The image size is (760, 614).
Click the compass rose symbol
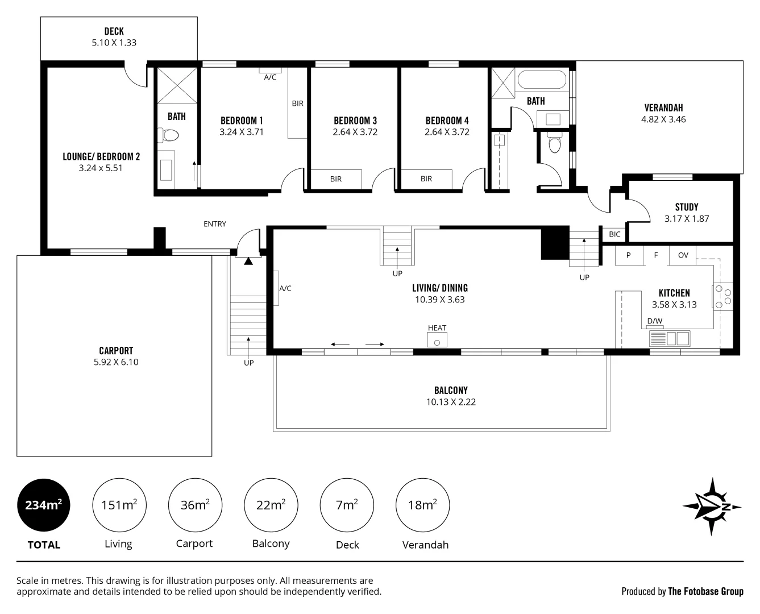712,506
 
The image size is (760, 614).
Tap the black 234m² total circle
44,505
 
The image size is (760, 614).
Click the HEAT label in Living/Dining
437,328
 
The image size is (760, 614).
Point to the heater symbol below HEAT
437,341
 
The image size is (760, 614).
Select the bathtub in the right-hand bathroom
542,80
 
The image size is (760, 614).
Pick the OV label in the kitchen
683,255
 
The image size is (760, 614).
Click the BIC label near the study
614,234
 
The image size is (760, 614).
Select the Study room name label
687,207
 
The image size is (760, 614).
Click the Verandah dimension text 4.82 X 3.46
663,119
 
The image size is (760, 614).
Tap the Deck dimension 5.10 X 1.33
114,43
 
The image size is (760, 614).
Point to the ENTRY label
215,224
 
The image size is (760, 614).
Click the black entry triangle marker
248,262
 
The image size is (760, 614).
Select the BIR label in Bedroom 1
298,103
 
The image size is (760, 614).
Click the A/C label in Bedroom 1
270,77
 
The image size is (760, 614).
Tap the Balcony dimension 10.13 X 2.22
451,402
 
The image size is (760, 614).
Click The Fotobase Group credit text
705,591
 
